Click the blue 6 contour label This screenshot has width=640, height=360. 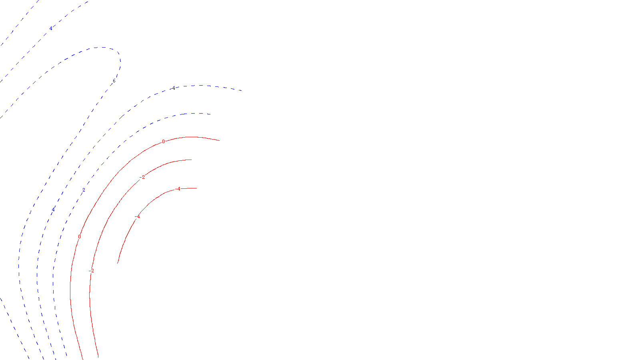114,81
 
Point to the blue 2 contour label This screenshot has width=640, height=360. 84,190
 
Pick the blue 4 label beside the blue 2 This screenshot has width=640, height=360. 53,210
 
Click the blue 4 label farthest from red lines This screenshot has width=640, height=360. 51,28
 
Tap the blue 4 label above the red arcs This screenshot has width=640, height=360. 174,88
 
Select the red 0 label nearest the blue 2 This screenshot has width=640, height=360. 79,237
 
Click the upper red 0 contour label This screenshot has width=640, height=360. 163,142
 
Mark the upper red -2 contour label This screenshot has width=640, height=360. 142,177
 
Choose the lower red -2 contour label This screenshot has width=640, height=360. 91,271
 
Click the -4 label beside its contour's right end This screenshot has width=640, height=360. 178,189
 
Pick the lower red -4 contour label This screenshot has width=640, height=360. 138,217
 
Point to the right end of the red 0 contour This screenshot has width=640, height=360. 220,140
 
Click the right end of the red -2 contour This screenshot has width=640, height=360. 192,160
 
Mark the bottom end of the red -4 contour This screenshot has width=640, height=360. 117,264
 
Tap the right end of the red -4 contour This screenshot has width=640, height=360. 197,188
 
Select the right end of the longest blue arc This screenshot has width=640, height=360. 242,91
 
